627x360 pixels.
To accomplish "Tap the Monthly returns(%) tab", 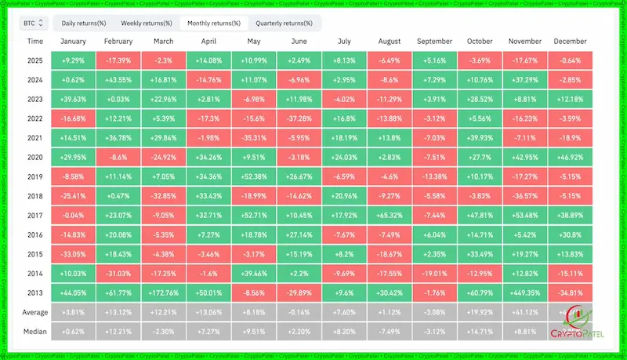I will (212, 23).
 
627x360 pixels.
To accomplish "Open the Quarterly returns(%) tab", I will (284, 23).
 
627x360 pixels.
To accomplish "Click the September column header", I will (435, 42).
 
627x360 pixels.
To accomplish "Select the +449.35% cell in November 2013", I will (525, 292).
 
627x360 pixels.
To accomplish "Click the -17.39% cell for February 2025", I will (118, 60).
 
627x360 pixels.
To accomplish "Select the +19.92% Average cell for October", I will (480, 311).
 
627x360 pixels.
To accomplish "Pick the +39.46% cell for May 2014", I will (254, 273).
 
